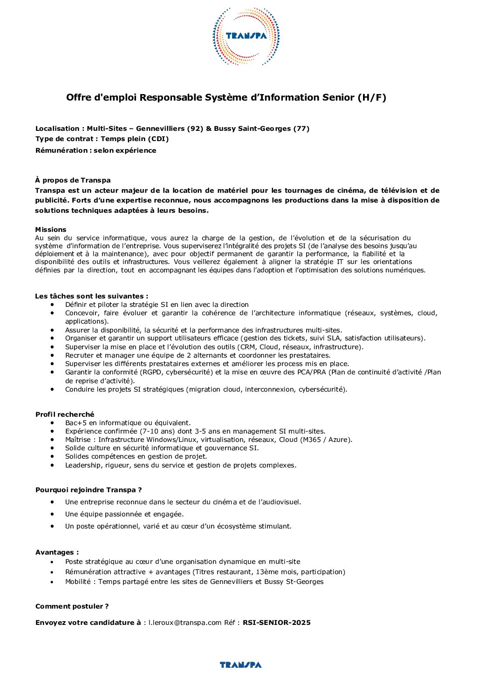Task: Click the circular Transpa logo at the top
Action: tap(246, 36)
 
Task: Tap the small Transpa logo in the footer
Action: tap(240, 665)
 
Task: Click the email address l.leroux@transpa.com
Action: tap(185, 623)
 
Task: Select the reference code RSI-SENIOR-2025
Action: tap(276, 623)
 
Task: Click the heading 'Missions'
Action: tap(51, 230)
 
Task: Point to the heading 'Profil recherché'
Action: tap(65, 414)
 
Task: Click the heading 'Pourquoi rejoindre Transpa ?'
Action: tap(89, 490)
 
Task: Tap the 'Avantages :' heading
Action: tap(57, 552)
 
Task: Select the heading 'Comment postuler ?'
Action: tap(72, 606)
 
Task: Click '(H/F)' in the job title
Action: tap(372, 97)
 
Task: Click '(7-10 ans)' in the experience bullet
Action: tap(157, 431)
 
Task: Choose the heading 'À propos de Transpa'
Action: tap(73, 180)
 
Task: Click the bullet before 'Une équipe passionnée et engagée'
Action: tap(54, 514)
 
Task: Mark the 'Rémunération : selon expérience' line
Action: tap(96, 150)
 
